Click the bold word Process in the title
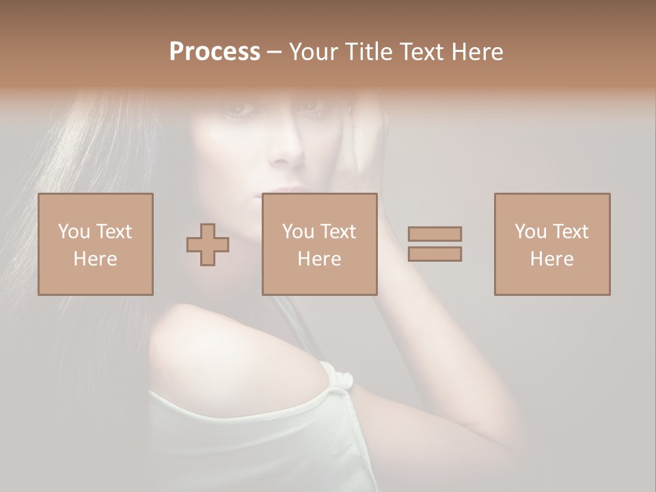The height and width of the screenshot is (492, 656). point(215,52)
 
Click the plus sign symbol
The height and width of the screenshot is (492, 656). point(208,245)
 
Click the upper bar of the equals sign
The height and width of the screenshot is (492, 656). point(435,234)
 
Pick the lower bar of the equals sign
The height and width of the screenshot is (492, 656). point(435,254)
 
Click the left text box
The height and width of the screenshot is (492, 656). point(96,244)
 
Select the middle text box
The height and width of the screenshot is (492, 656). point(320,244)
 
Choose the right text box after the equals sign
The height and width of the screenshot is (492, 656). point(552,244)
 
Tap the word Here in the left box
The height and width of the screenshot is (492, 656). point(95,259)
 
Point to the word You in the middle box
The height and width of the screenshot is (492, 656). point(298,232)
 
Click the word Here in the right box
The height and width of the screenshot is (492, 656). point(551,259)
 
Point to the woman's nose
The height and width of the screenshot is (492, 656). point(288,152)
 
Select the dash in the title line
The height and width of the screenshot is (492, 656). point(274,52)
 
